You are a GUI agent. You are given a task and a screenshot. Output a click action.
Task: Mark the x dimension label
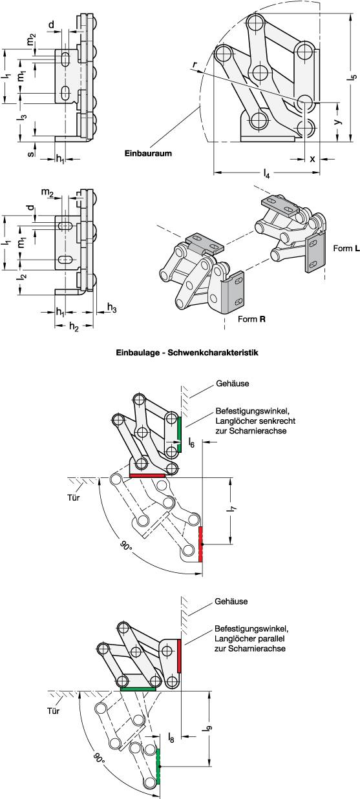(x=312, y=158)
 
